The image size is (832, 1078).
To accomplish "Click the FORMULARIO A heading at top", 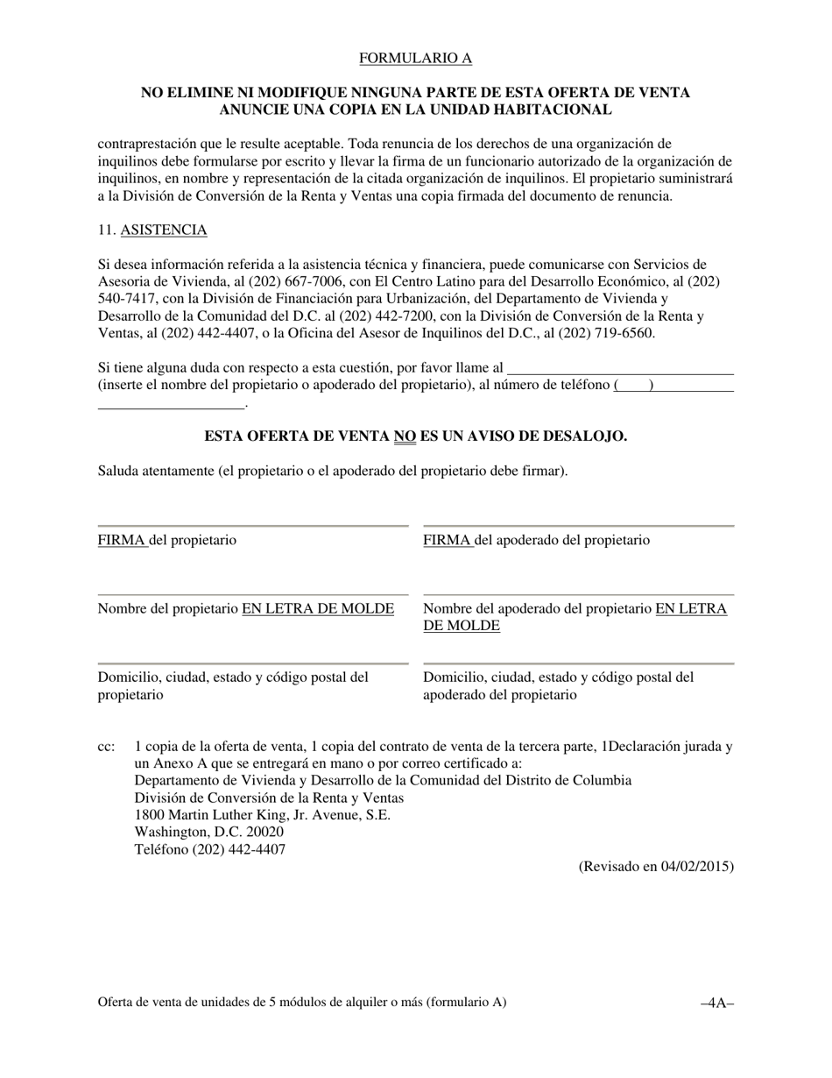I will [x=415, y=59].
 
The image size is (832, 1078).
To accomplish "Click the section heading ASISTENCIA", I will [x=163, y=230].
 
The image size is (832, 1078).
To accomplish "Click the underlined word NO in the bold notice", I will [x=405, y=436].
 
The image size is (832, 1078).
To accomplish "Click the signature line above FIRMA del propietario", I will [x=253, y=526].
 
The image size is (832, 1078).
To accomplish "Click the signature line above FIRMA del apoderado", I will [x=578, y=526].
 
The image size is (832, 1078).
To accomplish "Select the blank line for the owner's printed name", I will [x=253, y=595].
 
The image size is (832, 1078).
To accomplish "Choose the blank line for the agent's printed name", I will [x=578, y=595].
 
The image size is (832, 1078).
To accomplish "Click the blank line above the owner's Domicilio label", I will [x=253, y=663].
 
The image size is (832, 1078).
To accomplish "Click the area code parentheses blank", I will [x=634, y=386].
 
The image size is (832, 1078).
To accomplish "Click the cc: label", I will [x=106, y=748].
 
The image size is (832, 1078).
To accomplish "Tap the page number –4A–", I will [x=716, y=1004].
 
